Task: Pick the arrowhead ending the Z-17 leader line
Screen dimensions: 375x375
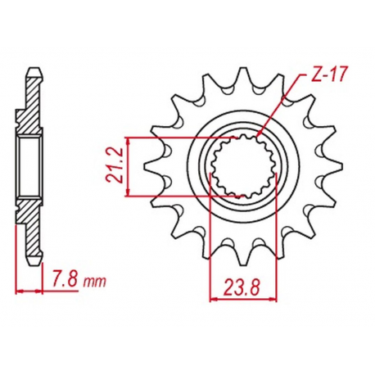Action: click(257, 138)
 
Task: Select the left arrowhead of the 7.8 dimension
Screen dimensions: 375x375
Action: click(19, 291)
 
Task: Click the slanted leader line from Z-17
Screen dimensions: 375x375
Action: click(278, 106)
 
